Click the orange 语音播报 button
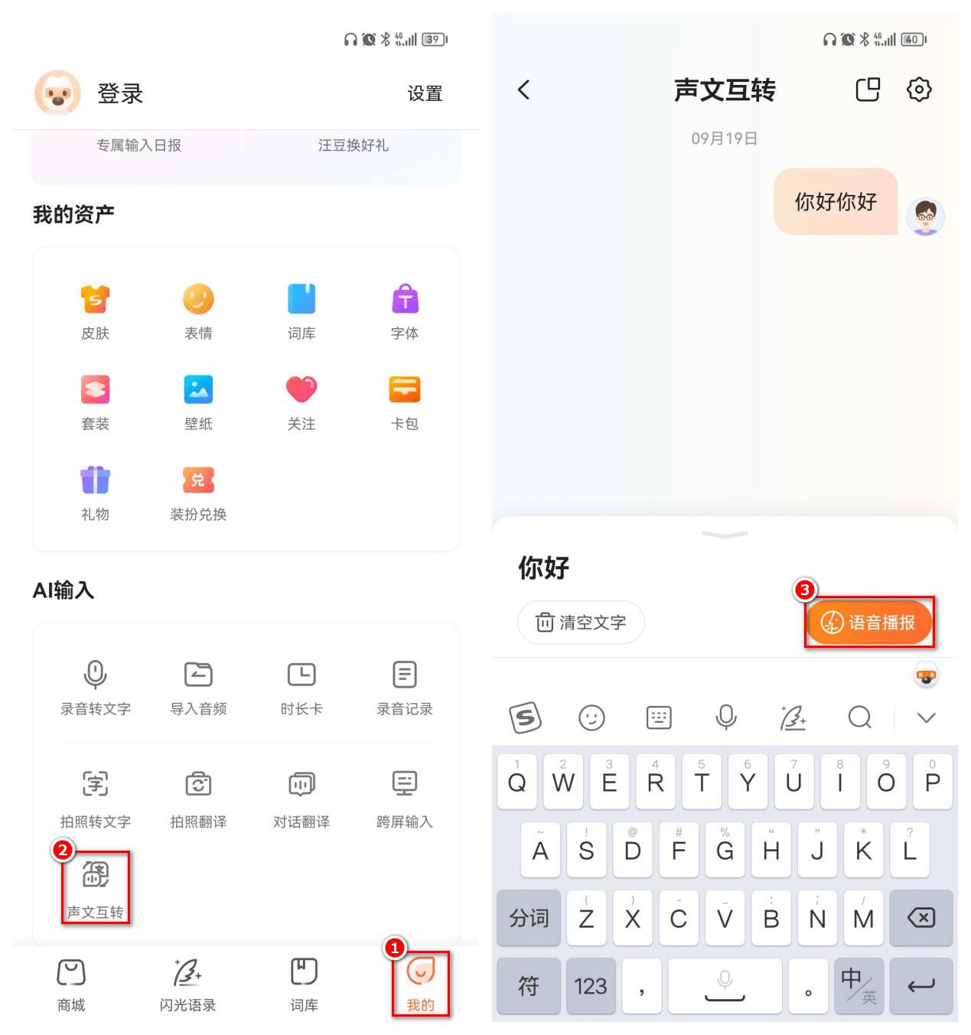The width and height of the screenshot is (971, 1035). coord(869,623)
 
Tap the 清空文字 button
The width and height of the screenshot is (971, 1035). coord(581,623)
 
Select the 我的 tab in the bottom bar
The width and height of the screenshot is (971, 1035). coord(420,983)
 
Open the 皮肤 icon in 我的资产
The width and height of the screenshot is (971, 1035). coord(96,300)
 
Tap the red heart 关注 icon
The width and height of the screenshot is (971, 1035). coord(301,389)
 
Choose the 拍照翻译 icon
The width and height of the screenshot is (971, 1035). coord(198,785)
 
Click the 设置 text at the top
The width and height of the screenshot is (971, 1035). coord(425,93)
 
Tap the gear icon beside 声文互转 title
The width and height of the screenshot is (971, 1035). coord(919,90)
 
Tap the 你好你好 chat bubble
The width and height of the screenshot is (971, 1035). coord(836,202)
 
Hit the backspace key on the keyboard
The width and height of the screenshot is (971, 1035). coord(920,918)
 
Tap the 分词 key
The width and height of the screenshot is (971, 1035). coord(529,918)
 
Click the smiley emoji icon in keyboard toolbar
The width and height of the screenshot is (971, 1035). coord(591,718)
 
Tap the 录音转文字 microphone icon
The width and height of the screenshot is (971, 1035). coord(96,675)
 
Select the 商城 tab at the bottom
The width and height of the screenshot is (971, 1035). coord(71,983)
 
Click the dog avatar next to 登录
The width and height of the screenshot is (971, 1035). coord(57,93)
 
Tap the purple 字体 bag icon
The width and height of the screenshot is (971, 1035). coord(405,300)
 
